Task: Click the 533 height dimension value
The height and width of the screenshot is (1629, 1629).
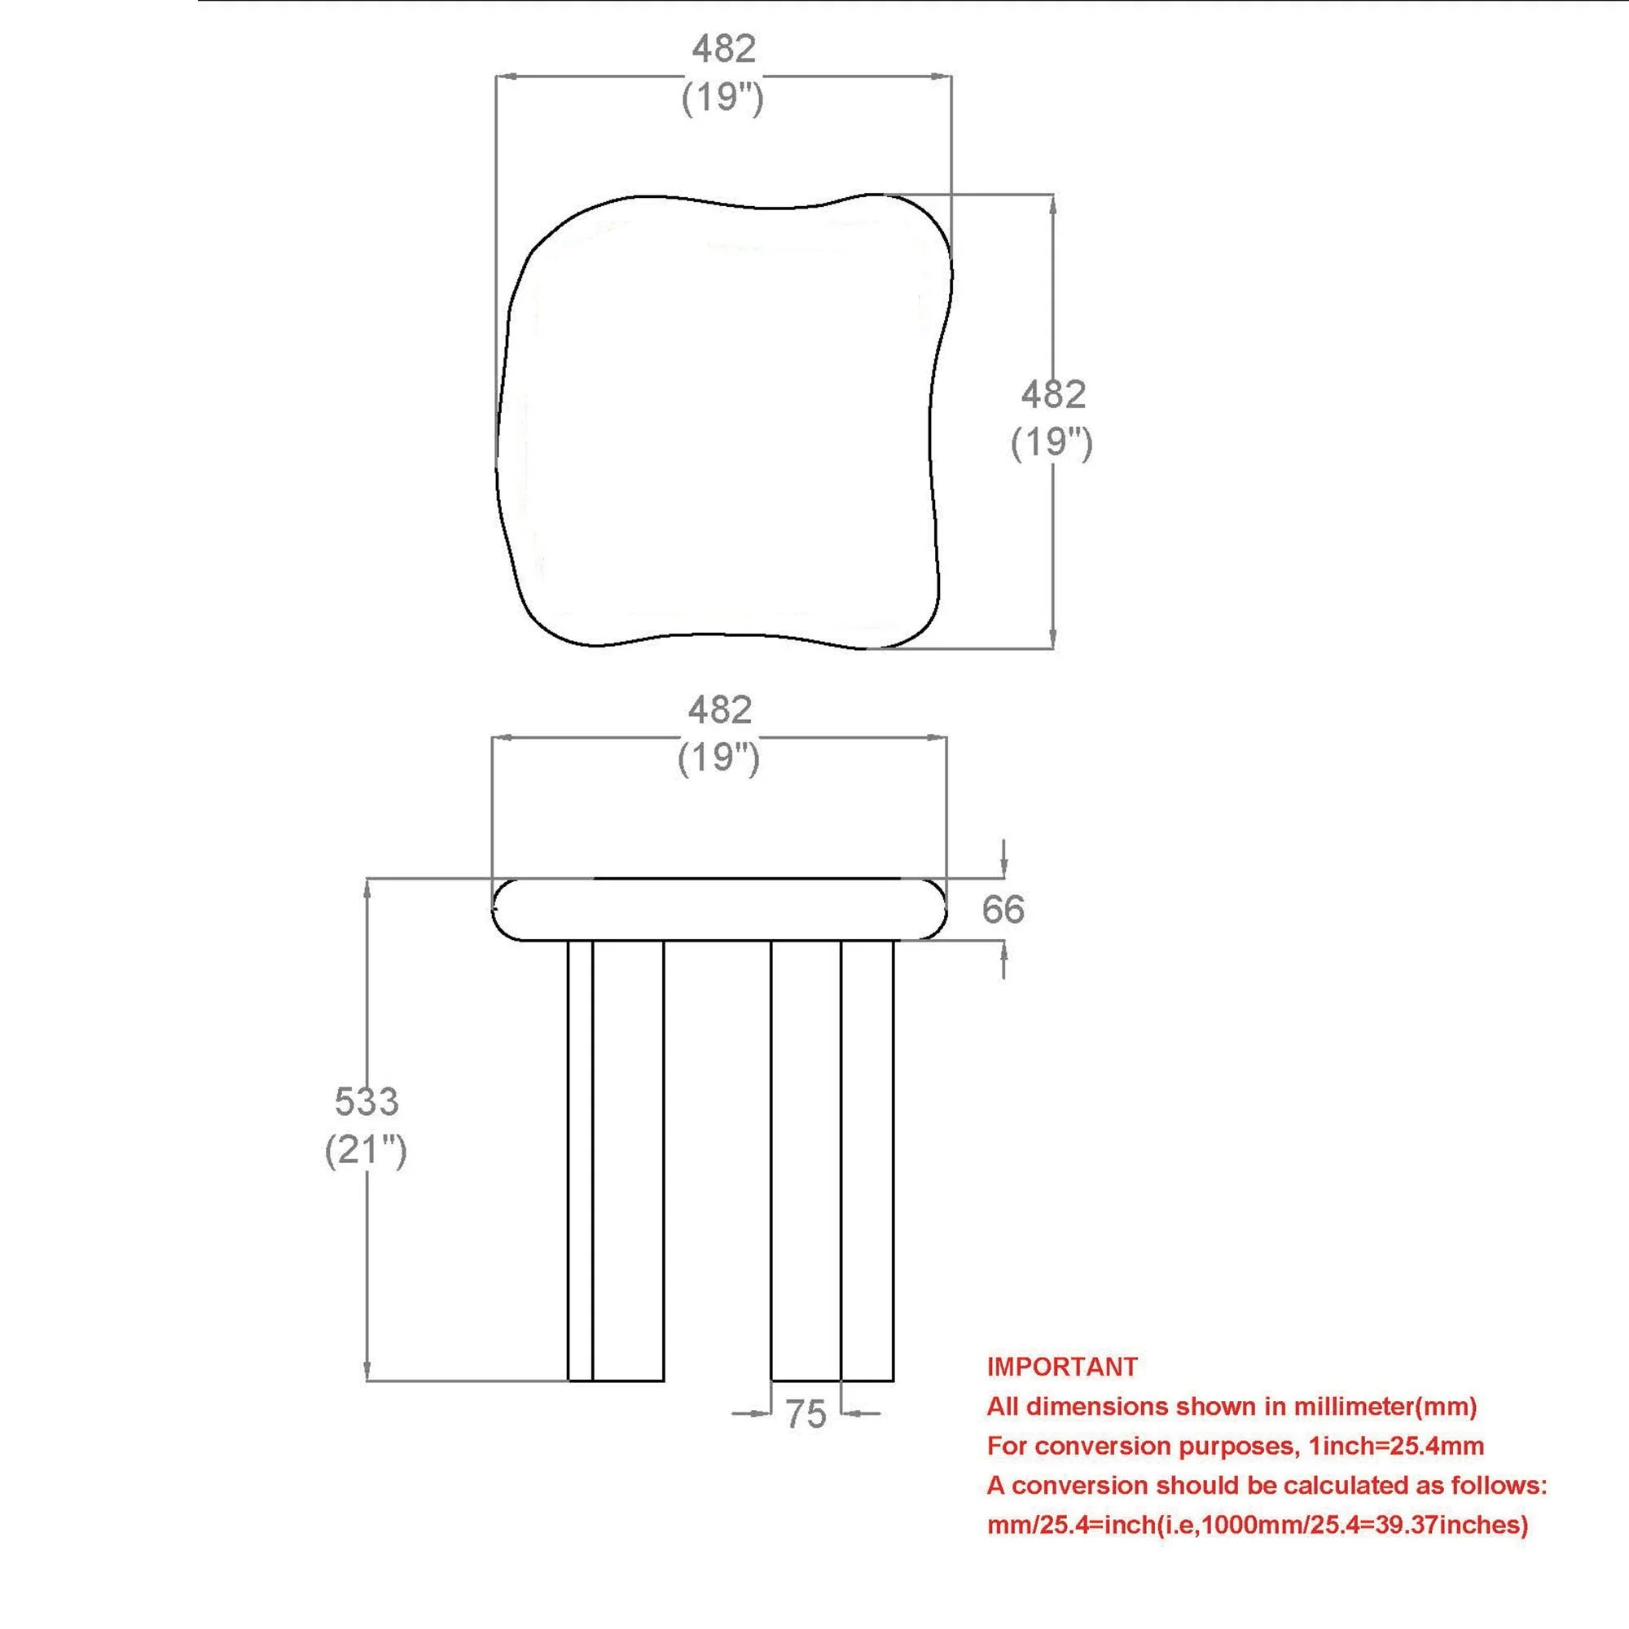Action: [366, 1100]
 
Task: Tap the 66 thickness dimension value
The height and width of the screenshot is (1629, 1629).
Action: [1003, 909]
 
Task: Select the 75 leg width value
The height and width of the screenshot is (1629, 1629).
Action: [806, 1414]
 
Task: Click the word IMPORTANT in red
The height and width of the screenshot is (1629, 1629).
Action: [1062, 1366]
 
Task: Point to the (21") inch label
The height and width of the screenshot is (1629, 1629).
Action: [366, 1149]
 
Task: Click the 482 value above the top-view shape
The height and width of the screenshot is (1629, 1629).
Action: [723, 49]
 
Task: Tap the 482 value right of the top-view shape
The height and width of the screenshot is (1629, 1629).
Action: [1053, 394]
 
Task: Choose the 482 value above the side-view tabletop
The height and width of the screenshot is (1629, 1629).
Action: [719, 710]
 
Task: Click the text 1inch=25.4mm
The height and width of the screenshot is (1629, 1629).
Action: [1395, 1446]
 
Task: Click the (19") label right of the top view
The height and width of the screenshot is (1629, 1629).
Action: [1052, 442]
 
